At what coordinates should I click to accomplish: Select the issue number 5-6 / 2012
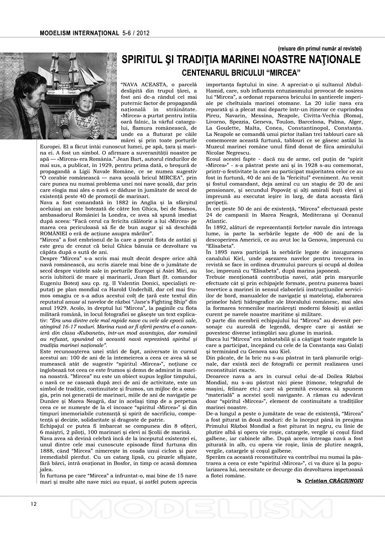(136, 34)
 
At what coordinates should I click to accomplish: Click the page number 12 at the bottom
(33, 504)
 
